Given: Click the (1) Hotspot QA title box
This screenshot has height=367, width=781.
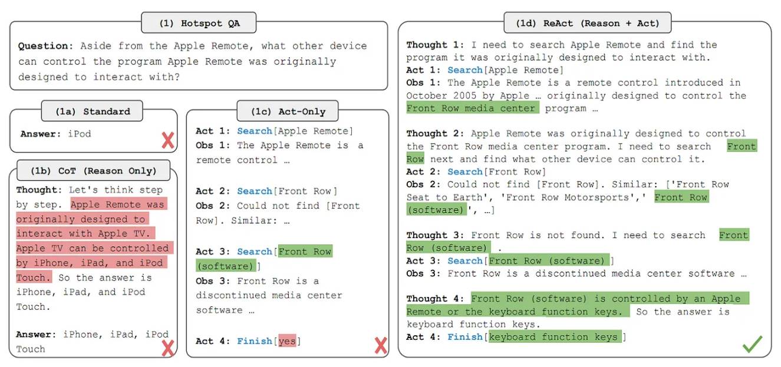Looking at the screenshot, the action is [x=199, y=23].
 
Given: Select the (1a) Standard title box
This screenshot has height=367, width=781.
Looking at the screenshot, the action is [x=92, y=111].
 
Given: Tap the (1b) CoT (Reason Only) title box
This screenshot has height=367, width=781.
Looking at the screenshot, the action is [x=94, y=171].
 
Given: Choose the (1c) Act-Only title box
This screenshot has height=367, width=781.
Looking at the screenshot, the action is [x=288, y=111].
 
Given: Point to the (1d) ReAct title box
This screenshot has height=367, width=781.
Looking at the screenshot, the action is [x=588, y=23].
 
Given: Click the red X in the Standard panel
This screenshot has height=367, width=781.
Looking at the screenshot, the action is [x=168, y=140].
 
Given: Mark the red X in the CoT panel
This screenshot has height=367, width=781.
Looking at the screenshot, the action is [x=168, y=348].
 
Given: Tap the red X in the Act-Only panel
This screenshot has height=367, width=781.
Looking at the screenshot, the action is [x=380, y=345].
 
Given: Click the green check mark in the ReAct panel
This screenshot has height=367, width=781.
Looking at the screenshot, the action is [x=752, y=343].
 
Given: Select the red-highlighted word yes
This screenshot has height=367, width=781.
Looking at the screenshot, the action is [x=287, y=341].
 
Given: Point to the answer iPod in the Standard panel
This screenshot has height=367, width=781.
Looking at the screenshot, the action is [x=80, y=134].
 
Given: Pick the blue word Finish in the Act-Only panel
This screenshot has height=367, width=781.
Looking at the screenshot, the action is [x=255, y=341].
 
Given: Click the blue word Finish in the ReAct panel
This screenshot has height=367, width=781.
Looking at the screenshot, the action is [x=465, y=337].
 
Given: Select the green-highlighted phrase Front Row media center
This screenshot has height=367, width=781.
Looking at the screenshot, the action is [x=473, y=108].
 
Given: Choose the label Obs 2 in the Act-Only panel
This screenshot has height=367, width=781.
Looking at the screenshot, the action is [x=213, y=206].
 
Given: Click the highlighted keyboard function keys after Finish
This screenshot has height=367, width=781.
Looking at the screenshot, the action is [x=555, y=337].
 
